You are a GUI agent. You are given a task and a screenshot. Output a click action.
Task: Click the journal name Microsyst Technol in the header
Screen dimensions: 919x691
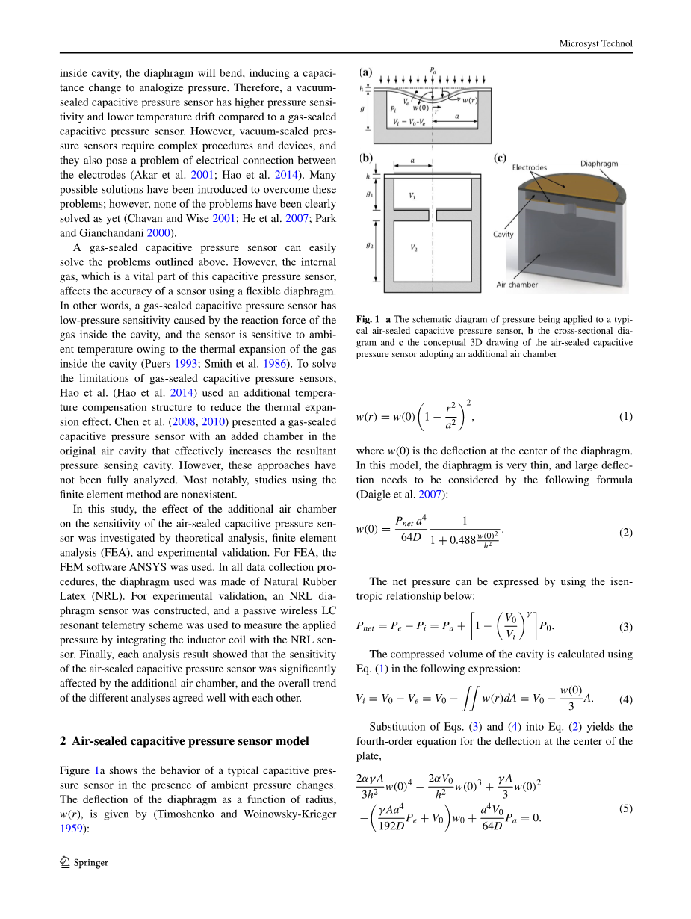click(x=595, y=43)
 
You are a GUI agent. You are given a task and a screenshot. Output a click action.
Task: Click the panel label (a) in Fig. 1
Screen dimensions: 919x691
click(x=366, y=73)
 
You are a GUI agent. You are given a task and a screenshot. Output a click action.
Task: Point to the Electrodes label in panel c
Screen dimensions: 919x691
click(x=530, y=168)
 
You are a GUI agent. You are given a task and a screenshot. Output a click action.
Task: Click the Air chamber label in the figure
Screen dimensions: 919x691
click(x=517, y=284)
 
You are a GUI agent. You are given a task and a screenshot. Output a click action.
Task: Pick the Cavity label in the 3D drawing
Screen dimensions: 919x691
click(x=503, y=234)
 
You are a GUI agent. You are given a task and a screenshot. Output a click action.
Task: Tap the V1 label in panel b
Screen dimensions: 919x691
click(x=412, y=195)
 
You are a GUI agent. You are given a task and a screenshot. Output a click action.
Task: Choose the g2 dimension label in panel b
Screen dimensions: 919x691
click(x=368, y=244)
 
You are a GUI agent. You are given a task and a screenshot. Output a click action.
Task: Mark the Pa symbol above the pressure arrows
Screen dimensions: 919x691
click(x=433, y=69)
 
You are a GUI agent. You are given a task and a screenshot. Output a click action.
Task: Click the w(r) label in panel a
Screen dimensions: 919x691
click(x=470, y=99)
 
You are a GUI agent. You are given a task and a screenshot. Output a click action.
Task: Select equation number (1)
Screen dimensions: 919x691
click(x=626, y=416)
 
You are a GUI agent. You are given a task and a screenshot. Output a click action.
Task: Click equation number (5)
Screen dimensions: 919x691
click(x=626, y=808)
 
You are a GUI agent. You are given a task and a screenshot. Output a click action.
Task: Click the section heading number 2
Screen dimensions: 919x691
click(x=63, y=740)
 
